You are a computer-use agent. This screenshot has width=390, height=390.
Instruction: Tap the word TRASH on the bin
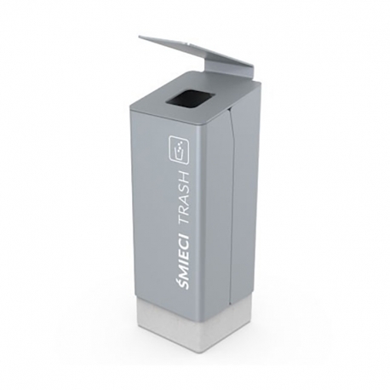tap(183, 198)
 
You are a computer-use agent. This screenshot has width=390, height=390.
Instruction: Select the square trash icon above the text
tap(179, 150)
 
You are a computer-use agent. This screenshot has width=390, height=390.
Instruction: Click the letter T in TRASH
tap(183, 222)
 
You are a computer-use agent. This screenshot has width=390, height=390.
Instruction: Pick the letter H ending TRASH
tap(183, 175)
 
